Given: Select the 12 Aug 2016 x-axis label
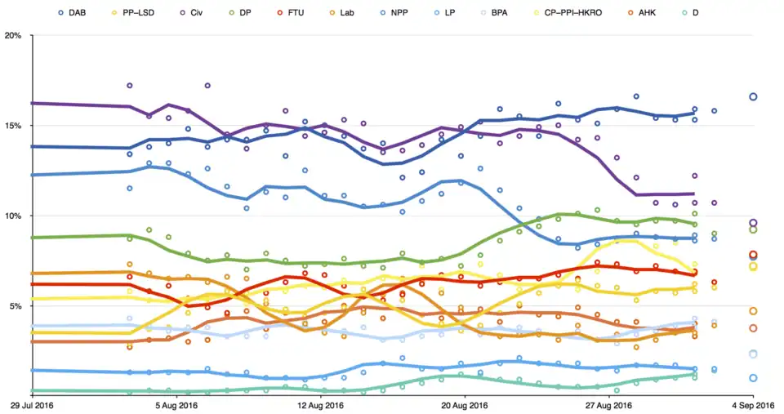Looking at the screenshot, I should pos(320,405).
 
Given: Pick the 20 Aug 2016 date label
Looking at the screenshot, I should pos(465,405).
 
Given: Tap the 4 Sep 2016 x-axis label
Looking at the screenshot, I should pos(753,405).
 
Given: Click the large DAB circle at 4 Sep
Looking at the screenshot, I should pos(753,97).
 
